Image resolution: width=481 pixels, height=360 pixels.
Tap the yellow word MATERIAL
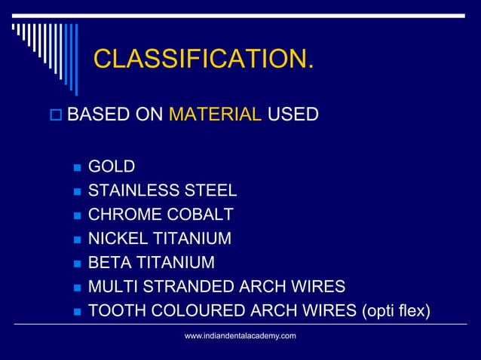pyautogui.click(x=215, y=115)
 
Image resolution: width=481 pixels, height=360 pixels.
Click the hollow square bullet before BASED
pyautogui.click(x=54, y=116)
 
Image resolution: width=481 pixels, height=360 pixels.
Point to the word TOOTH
pyautogui.click(x=112, y=311)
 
